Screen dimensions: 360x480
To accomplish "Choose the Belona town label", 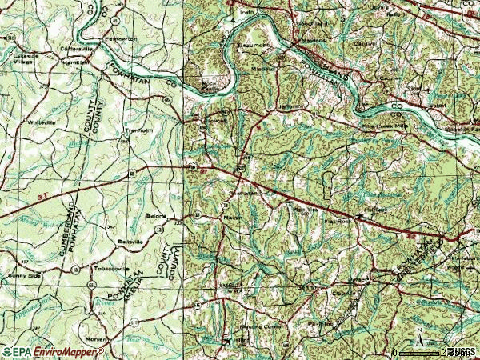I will coord(154,216).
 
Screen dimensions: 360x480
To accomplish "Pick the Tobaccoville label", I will coord(112,269).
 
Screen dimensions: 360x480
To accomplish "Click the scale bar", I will coord(420,352).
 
